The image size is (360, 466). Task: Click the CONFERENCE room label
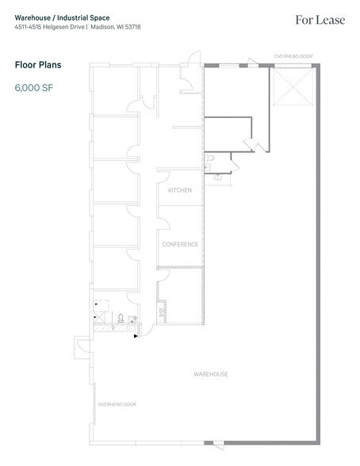coord(180,244)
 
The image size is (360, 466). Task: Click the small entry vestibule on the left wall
coord(82,346)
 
